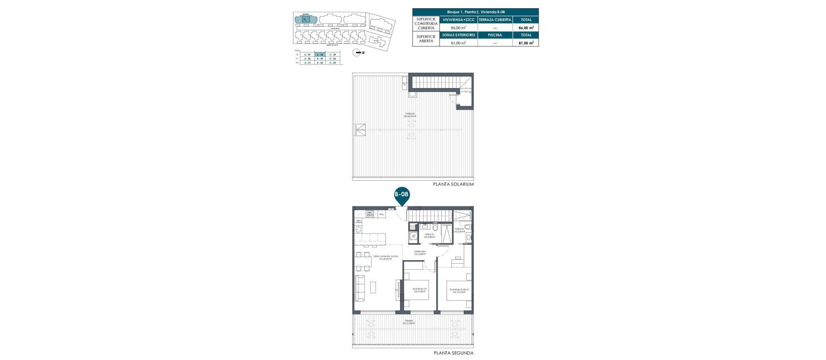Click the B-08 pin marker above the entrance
(402, 195)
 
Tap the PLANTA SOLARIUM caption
(453, 184)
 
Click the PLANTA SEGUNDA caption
(453, 353)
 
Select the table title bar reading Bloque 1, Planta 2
(475, 12)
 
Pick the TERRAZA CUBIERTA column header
(495, 20)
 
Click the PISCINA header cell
(495, 35)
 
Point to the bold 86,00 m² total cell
(526, 28)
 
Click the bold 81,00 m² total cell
(526, 43)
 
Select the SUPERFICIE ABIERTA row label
(426, 39)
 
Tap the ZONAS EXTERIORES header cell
(459, 35)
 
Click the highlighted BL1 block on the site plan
(306, 19)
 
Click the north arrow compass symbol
(357, 52)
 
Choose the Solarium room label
(410, 115)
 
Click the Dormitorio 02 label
(419, 290)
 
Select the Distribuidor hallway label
(420, 252)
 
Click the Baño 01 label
(429, 235)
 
